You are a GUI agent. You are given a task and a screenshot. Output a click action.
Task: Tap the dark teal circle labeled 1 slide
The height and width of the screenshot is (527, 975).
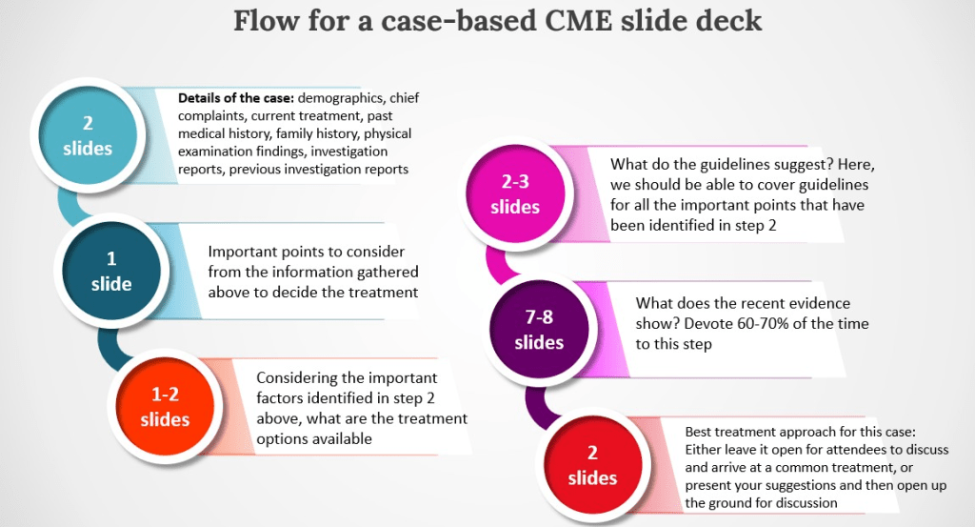click(x=110, y=272)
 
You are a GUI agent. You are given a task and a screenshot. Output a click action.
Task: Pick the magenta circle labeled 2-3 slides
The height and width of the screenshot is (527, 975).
click(x=515, y=194)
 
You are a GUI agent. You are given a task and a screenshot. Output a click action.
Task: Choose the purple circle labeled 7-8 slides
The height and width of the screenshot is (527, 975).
click(x=539, y=329)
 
